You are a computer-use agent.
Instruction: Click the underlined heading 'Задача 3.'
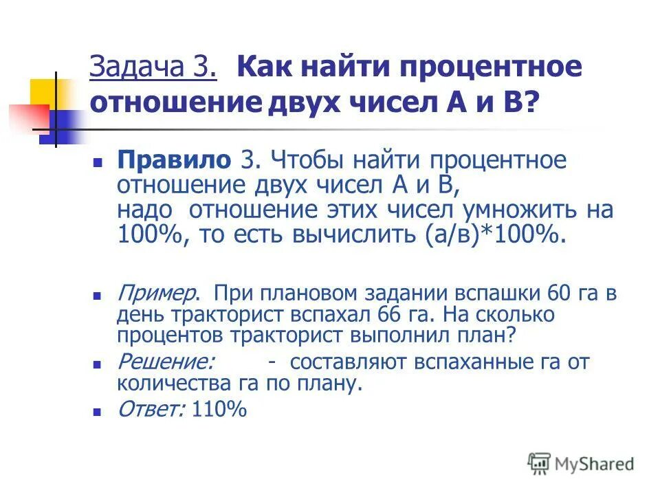(x=153, y=69)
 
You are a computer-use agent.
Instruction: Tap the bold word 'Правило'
(x=174, y=161)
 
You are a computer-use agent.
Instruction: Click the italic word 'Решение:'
(x=166, y=362)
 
